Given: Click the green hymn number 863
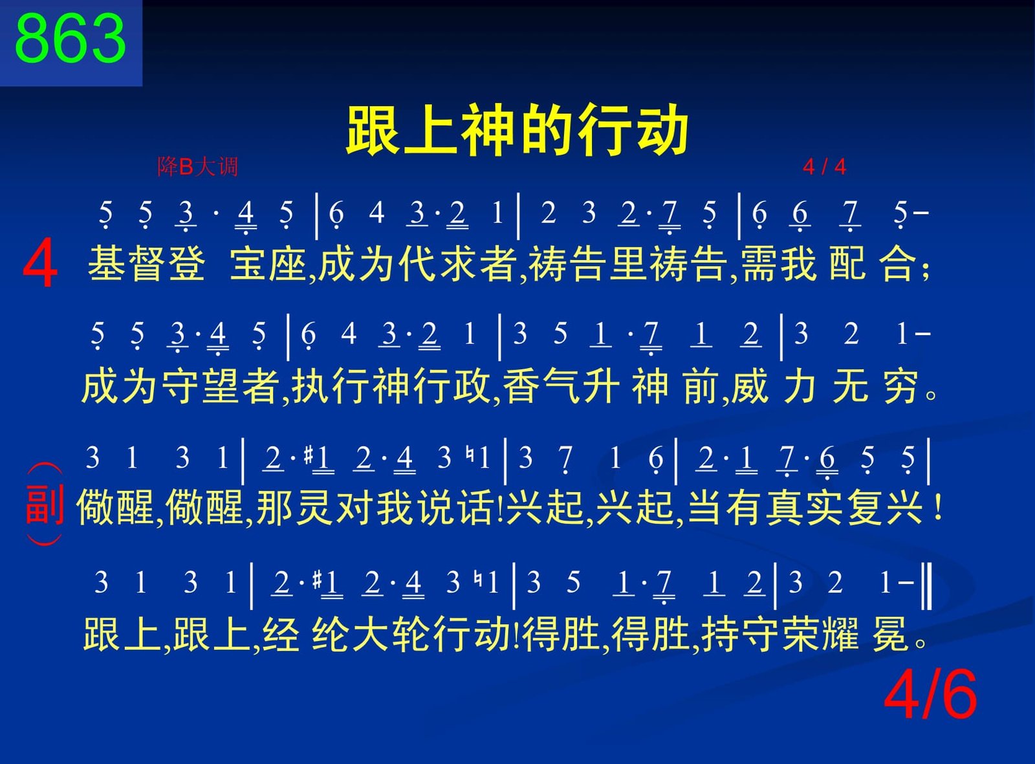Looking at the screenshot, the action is pos(71,39).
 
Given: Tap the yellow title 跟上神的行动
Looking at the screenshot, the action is pos(517,129).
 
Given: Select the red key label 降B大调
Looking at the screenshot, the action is pos(197,167).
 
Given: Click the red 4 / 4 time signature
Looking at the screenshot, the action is pos(824,167).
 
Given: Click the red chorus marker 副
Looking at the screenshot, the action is pos(45,505).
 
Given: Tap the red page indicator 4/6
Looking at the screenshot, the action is pos(930,696).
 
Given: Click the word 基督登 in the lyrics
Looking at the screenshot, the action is pos(147,264).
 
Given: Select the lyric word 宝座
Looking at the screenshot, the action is pos(268,264).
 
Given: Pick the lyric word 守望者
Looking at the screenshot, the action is pos(220,386).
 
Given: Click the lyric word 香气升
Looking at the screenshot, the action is pos(561,386).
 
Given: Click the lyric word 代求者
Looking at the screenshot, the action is pos(457,264).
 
